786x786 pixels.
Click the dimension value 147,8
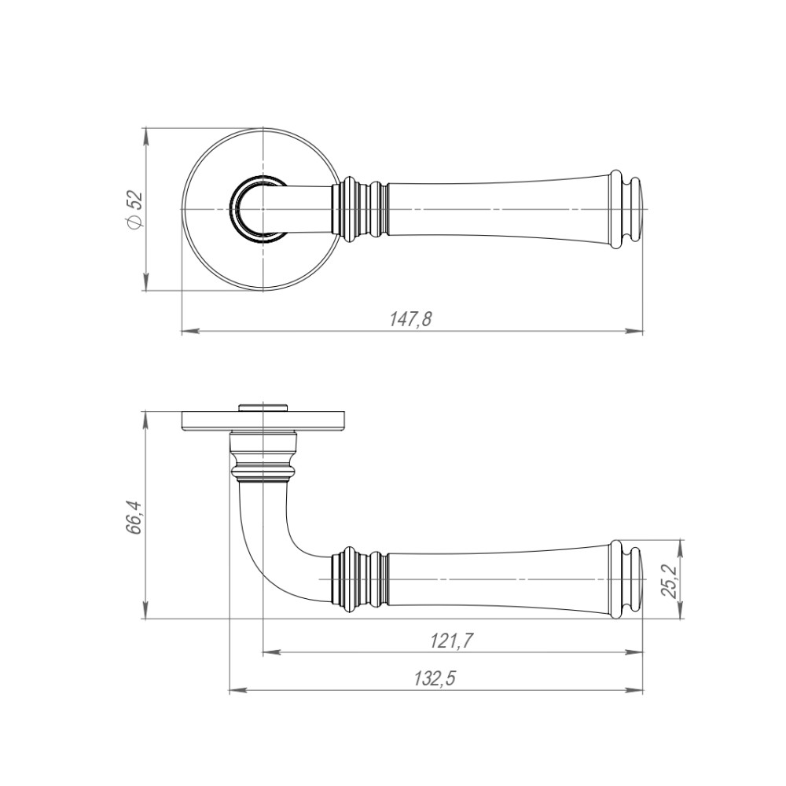[x=410, y=319]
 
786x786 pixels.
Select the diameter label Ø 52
[x=135, y=210]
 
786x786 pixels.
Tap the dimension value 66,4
[x=135, y=518]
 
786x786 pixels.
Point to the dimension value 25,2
[x=669, y=581]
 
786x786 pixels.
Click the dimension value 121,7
[x=452, y=641]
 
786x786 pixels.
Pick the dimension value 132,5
[x=435, y=679]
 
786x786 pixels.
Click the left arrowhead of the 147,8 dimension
[x=191, y=331]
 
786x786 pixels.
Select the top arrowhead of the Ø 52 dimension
[x=146, y=138]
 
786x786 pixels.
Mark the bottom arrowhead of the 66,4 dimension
[x=145, y=609]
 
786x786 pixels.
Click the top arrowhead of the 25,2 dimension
[x=680, y=549]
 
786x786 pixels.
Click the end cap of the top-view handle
[x=627, y=209]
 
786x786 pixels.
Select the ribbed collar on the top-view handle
[x=361, y=209]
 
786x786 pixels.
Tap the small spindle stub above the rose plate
[x=263, y=406]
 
